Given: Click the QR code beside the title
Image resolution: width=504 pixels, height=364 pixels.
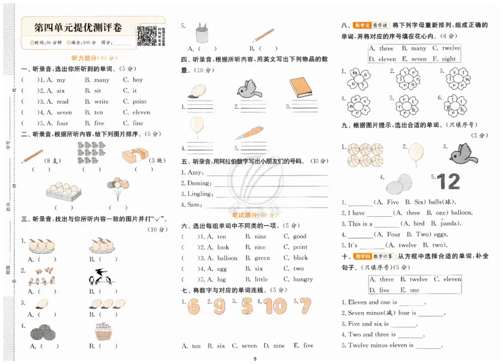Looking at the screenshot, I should (147, 35).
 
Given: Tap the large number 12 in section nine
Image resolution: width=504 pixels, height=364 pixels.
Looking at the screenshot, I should (449, 181).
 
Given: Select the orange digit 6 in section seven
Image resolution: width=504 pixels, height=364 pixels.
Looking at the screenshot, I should (193, 306).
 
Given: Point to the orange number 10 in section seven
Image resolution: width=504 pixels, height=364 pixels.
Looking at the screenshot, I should (275, 306).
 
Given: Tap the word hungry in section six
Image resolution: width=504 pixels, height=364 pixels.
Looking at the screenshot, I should (303, 279).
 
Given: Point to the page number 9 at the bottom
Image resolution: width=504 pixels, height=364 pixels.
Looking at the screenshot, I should (255, 359).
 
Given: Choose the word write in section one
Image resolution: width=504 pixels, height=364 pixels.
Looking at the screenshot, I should (101, 101).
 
